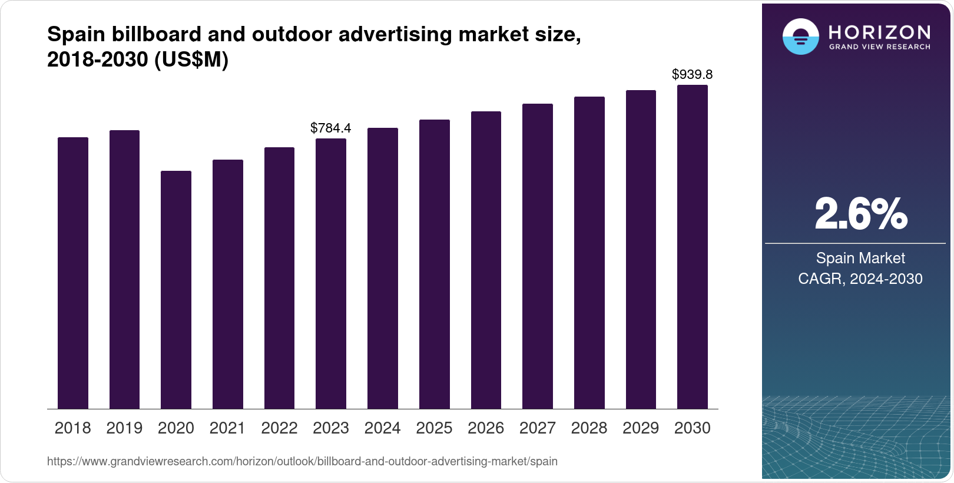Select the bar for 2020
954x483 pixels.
(x=176, y=290)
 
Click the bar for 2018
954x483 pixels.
(x=73, y=273)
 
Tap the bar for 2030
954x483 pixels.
(x=693, y=247)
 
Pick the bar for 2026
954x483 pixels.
(x=486, y=260)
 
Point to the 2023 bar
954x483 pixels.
(x=331, y=273)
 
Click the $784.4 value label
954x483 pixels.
(x=331, y=128)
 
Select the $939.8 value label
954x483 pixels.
(x=693, y=74)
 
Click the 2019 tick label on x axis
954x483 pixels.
(x=124, y=428)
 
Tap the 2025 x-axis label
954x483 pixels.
(x=434, y=428)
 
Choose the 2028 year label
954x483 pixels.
(x=589, y=428)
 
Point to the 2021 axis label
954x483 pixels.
(x=227, y=428)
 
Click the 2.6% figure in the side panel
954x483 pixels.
(x=860, y=214)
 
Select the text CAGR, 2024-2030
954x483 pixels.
(x=860, y=279)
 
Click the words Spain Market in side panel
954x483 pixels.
(x=860, y=258)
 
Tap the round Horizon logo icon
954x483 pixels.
(x=800, y=37)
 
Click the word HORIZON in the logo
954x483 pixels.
(x=879, y=32)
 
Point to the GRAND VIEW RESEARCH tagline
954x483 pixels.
(x=879, y=47)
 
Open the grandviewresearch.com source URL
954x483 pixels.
(x=302, y=461)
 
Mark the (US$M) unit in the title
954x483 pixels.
(x=191, y=59)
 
